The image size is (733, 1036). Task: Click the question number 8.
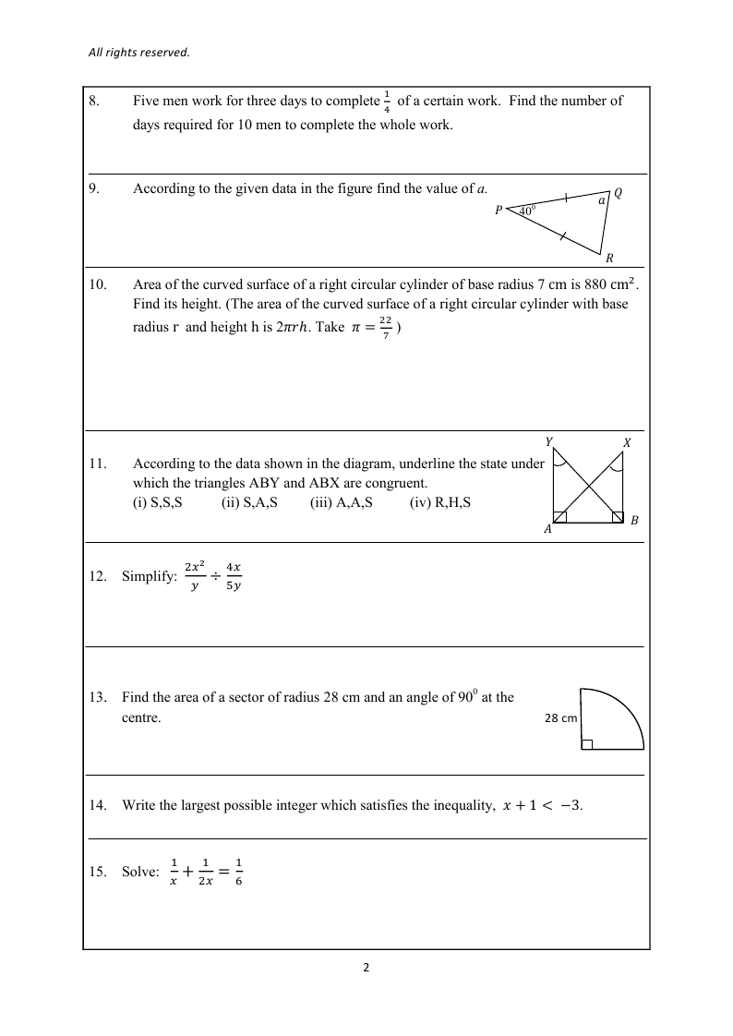click(x=94, y=102)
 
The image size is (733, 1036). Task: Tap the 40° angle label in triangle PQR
click(x=526, y=211)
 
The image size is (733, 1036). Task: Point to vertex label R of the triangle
click(x=609, y=259)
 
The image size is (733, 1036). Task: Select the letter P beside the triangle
click(x=499, y=211)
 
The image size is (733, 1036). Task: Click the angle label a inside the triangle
click(x=601, y=200)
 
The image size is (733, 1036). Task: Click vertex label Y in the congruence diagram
click(x=549, y=442)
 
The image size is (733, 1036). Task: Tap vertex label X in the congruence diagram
click(x=627, y=443)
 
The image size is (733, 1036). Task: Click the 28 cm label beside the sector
click(x=560, y=718)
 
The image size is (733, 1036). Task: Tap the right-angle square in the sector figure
click(x=586, y=744)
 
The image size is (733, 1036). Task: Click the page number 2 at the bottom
click(x=366, y=969)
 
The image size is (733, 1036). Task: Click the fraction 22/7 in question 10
click(x=385, y=331)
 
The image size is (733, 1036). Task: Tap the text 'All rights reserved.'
click(x=138, y=53)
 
